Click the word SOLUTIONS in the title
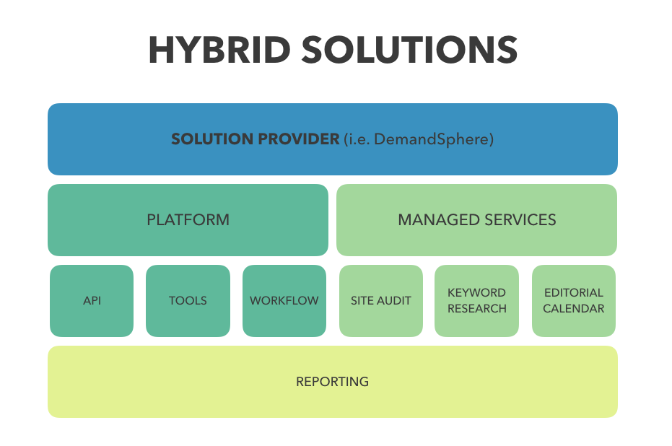409,51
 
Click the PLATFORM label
188,219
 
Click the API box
92,301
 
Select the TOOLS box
188,301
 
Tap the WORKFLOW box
284,301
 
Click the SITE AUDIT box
381,301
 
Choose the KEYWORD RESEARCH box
477,301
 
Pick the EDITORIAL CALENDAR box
574,301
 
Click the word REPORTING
332,382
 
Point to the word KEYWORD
477,293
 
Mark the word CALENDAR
574,309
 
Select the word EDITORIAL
574,293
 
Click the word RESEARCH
477,309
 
